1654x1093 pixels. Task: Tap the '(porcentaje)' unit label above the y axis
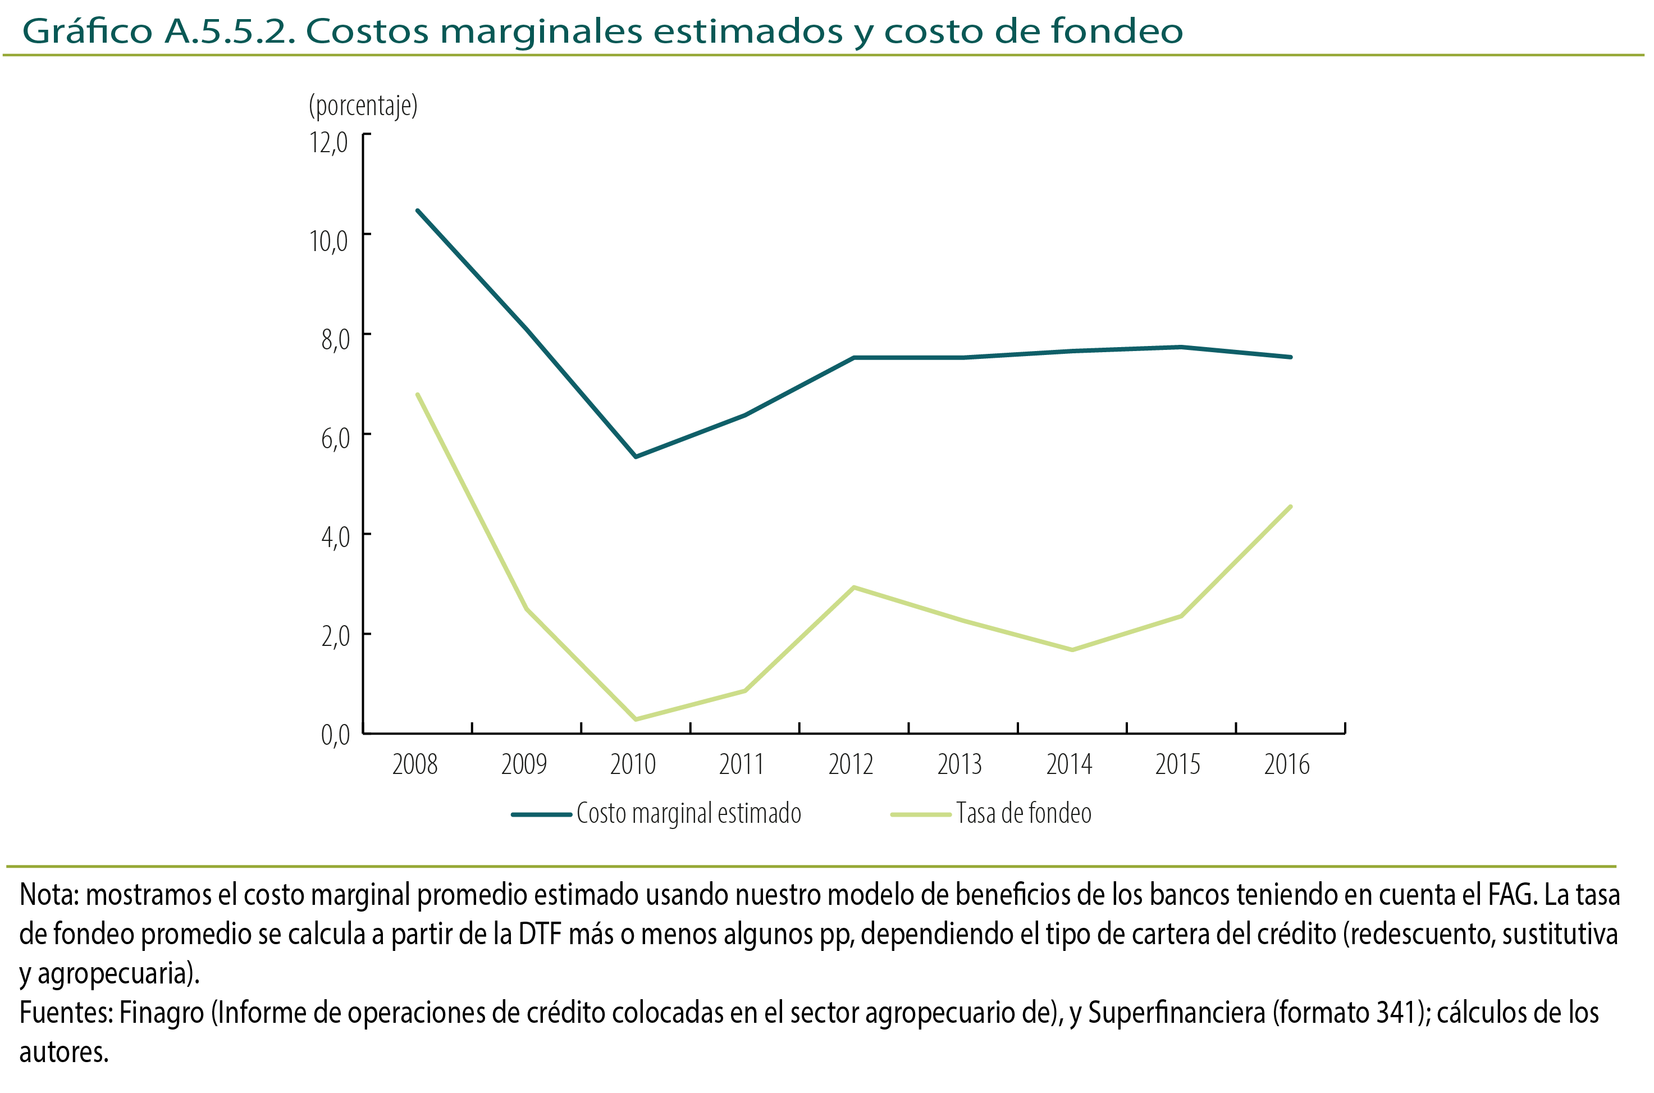pyautogui.click(x=363, y=106)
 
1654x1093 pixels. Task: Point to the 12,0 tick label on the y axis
pyautogui.click(x=328, y=142)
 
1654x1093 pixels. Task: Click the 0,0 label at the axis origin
pyautogui.click(x=335, y=735)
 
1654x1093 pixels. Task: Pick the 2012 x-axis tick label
pyautogui.click(x=850, y=764)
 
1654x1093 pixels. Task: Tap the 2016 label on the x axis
pyautogui.click(x=1286, y=764)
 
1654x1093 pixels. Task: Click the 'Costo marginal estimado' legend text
pyautogui.click(x=688, y=813)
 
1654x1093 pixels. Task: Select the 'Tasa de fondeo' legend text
pyautogui.click(x=1023, y=813)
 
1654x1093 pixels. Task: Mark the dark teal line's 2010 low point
pyautogui.click(x=636, y=457)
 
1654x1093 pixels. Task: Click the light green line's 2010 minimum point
pyautogui.click(x=636, y=719)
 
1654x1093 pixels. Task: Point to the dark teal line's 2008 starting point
pyautogui.click(x=417, y=211)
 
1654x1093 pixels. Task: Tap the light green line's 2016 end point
pyautogui.click(x=1290, y=507)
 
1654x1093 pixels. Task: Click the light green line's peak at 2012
pyautogui.click(x=853, y=588)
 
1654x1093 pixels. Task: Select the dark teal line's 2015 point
pyautogui.click(x=1181, y=347)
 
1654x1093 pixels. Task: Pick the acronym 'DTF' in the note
pyautogui.click(x=540, y=934)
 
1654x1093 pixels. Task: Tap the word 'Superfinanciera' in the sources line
pyautogui.click(x=1176, y=1013)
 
